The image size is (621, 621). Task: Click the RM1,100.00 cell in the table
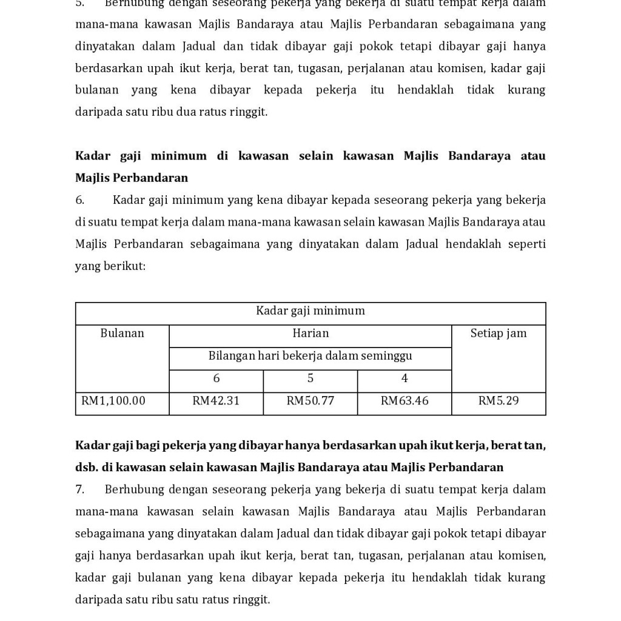(113, 401)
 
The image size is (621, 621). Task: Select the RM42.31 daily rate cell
(216, 401)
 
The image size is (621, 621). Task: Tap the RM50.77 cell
(310, 401)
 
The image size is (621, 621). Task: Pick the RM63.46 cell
(404, 401)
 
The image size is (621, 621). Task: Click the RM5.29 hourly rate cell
(498, 401)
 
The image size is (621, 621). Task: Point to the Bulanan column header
(122, 334)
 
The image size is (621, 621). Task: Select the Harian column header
(310, 334)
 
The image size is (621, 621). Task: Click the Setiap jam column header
(498, 334)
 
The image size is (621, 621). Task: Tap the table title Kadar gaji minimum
(310, 311)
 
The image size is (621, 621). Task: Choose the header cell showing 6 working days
(217, 379)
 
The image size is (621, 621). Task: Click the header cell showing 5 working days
(310, 379)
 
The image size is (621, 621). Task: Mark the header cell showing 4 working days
(404, 379)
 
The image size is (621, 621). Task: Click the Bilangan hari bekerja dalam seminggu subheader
(310, 356)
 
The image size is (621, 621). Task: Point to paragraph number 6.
(79, 200)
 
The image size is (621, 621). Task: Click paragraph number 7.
(79, 489)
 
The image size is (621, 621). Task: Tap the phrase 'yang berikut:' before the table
(110, 266)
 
